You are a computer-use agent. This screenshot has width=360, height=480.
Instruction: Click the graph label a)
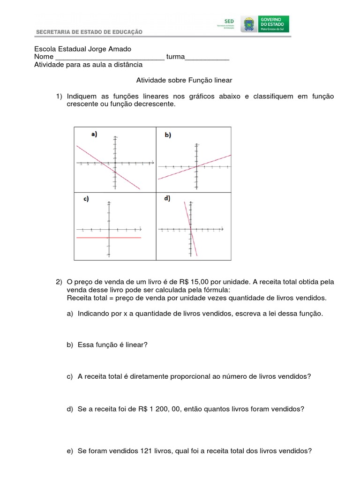94,134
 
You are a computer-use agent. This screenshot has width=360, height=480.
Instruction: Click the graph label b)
168,135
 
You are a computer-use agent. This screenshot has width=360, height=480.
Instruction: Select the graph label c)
86,199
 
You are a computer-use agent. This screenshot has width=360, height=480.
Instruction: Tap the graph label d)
167,198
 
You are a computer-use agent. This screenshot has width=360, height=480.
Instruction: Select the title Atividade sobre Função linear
184,81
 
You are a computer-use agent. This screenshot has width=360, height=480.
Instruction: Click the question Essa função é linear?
112,345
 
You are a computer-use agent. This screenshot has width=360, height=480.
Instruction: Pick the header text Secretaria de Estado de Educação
89,32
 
